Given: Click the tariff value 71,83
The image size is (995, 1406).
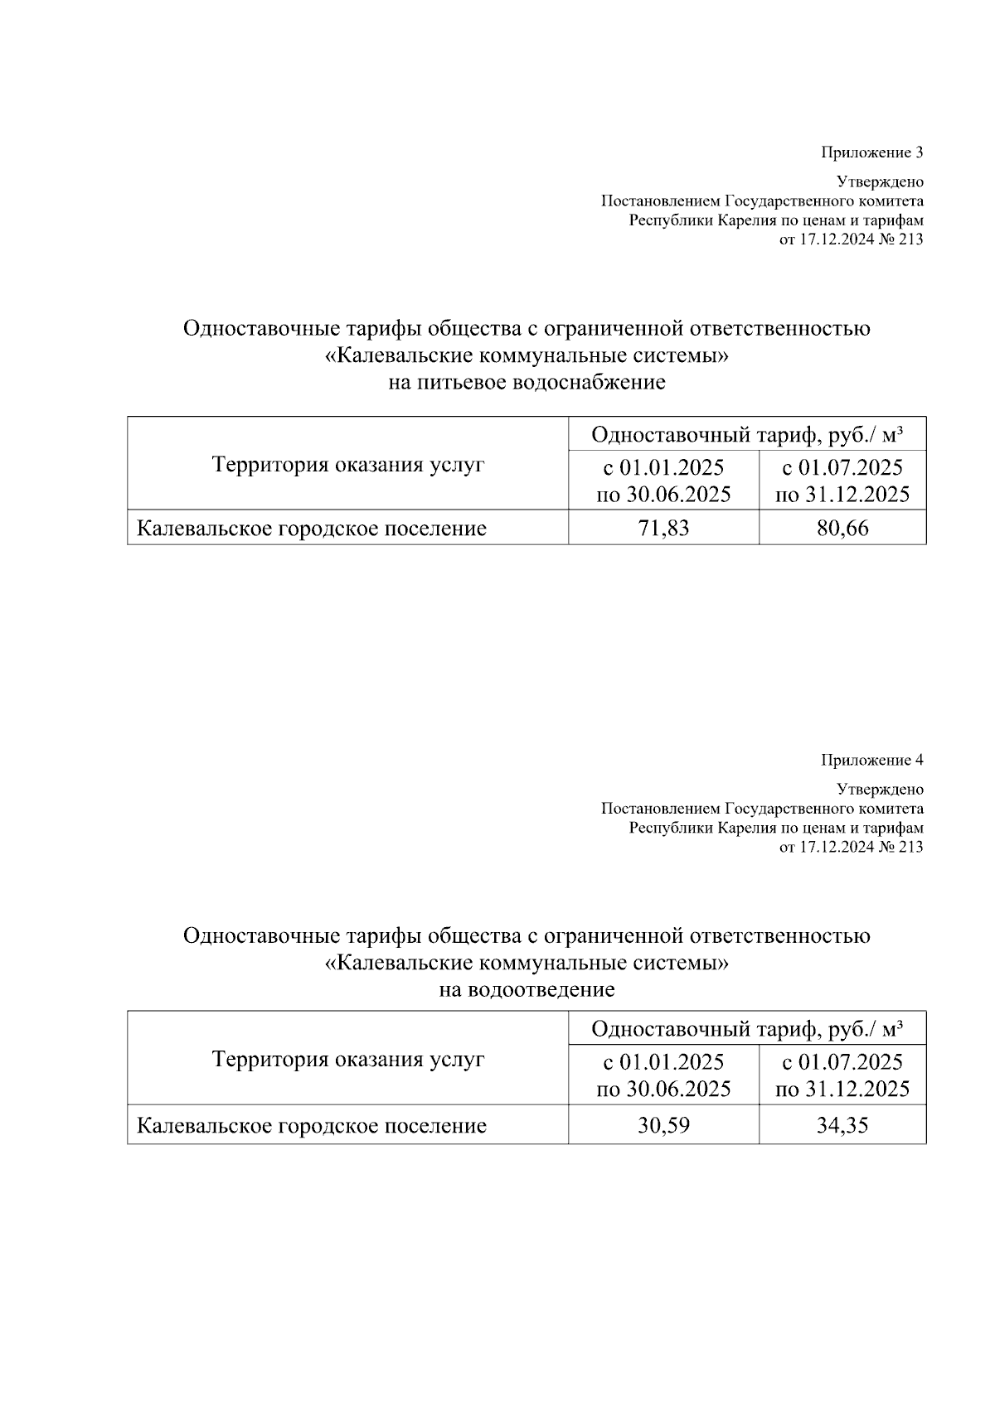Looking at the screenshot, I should point(663,528).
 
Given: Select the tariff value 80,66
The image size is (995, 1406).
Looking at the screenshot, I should point(842,528).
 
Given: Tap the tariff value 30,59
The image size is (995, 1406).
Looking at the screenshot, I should point(663,1125).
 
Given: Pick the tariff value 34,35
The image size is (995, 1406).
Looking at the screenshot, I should point(842,1125).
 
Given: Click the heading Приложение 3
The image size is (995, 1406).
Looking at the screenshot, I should point(871,152).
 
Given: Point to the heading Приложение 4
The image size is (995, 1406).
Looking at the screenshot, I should point(871,760).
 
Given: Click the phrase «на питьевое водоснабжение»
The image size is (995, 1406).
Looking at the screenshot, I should point(527,383).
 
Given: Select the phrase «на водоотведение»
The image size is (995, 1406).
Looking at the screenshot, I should point(527,989).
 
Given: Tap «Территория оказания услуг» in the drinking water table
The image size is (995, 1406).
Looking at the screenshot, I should point(348,465).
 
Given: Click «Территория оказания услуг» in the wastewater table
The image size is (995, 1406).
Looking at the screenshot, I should point(348,1059).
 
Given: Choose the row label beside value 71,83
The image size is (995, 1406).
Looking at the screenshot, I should point(311,529).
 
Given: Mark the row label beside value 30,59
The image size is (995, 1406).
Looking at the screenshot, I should point(311,1126).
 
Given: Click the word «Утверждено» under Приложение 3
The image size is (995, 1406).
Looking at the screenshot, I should point(880,181).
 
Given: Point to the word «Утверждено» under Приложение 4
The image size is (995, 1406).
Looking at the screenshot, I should point(880,789).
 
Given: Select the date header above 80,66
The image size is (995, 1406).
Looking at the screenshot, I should point(842,481).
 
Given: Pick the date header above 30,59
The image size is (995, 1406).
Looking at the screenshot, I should point(663,1075).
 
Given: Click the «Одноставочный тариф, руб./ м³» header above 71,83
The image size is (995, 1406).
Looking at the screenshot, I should point(746,435).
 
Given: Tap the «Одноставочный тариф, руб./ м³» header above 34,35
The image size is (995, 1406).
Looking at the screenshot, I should point(746,1029).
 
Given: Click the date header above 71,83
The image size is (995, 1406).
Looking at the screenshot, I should point(663,481).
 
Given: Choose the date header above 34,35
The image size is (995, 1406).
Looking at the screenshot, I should point(842,1075).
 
